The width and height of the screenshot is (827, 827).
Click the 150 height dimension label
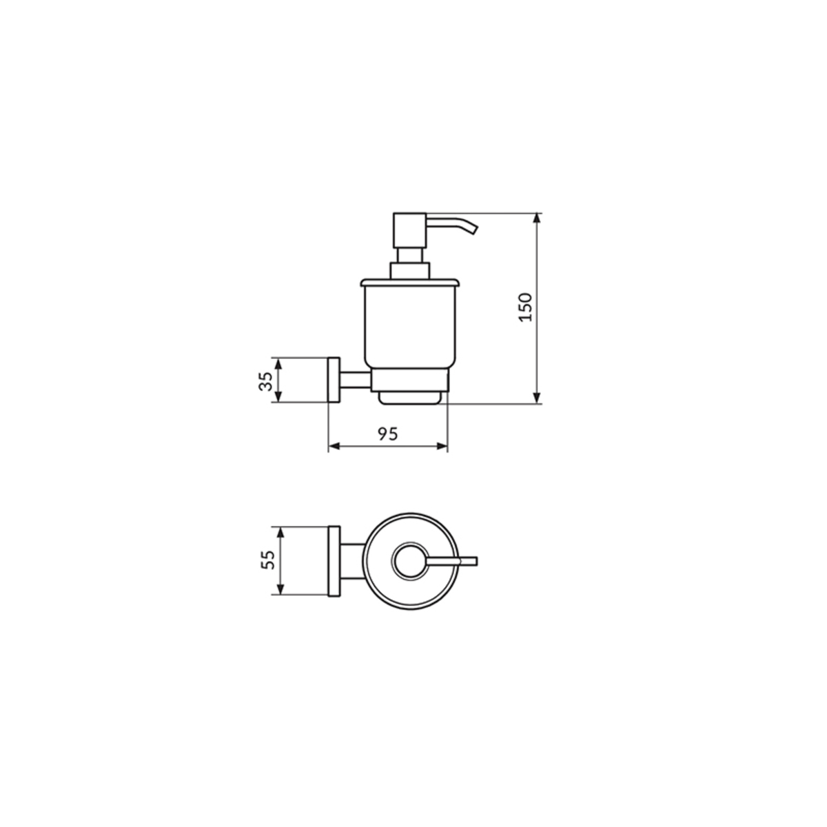pyautogui.click(x=525, y=307)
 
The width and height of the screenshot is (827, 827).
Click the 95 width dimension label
pyautogui.click(x=388, y=434)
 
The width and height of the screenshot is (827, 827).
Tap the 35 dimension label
pyautogui.click(x=265, y=381)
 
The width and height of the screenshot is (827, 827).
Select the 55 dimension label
pyautogui.click(x=267, y=560)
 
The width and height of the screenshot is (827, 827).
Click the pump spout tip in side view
pyautogui.click(x=473, y=230)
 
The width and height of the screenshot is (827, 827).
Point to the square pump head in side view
pyautogui.click(x=409, y=229)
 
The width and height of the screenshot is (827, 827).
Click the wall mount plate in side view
pyautogui.click(x=334, y=380)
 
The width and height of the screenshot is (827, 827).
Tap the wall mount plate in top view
pyautogui.click(x=334, y=561)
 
